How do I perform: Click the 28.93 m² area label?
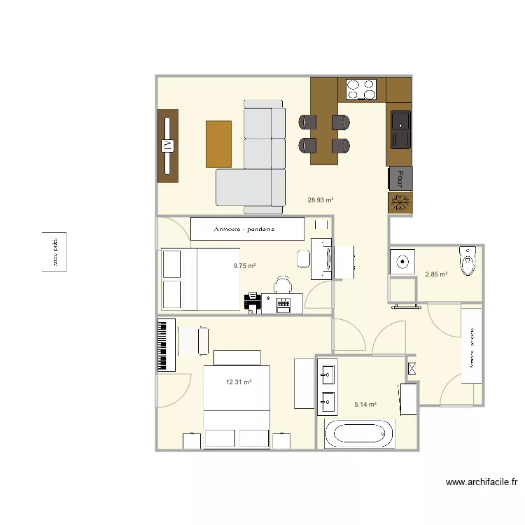coord(320,199)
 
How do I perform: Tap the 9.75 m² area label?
coord(244,266)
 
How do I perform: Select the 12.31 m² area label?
coord(238,382)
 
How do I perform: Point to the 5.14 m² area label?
coord(365,405)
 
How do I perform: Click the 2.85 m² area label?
coord(436,274)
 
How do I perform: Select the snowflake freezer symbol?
coord(400,202)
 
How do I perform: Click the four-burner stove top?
coord(361,90)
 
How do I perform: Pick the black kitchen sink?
coord(400,129)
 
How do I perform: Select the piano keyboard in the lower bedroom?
coord(167,345)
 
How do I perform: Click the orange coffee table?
coord(218,144)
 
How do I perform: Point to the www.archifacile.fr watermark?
coord(482,482)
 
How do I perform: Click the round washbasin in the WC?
coord(402,262)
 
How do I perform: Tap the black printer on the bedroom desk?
coord(252,302)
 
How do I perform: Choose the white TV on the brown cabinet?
coord(167,146)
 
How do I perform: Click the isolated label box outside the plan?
coord(54,252)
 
